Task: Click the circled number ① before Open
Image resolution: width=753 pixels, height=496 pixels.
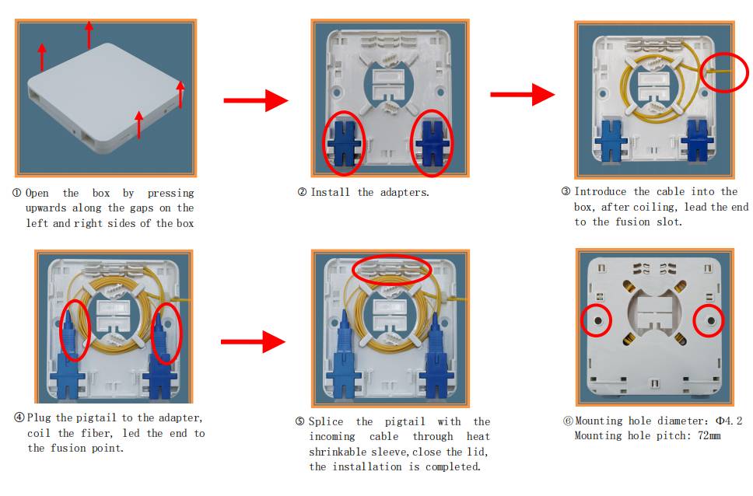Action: (x=17, y=193)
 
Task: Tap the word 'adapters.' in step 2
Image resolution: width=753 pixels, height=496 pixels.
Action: (x=405, y=193)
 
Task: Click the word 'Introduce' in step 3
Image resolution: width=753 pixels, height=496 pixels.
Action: (x=601, y=191)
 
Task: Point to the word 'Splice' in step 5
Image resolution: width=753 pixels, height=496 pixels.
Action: (x=326, y=421)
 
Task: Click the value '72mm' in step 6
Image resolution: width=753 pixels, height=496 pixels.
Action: (x=709, y=435)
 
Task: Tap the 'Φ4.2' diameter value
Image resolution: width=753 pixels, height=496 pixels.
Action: (x=729, y=421)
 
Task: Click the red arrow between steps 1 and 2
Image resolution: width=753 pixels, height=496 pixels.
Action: (x=256, y=100)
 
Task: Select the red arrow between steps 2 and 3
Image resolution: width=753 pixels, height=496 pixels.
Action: (x=523, y=94)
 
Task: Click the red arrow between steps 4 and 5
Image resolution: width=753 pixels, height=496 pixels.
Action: (x=253, y=341)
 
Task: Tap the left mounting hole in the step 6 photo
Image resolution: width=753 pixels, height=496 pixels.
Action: (x=598, y=320)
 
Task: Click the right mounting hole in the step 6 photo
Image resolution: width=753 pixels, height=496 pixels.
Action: (x=711, y=320)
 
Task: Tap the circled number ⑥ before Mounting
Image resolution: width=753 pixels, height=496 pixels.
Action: (x=568, y=421)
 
